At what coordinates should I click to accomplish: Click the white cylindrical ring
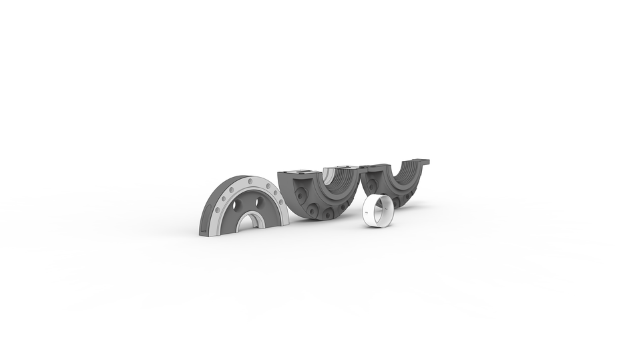pos(378,212)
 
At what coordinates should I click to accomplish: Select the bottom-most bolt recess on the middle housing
pos(327,214)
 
